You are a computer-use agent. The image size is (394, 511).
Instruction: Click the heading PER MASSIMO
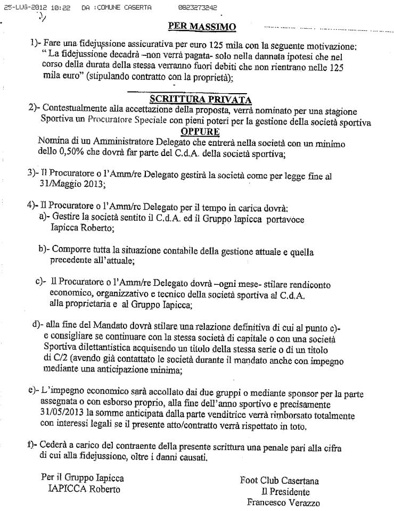tap(202, 26)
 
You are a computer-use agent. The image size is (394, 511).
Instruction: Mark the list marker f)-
tap(32, 447)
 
